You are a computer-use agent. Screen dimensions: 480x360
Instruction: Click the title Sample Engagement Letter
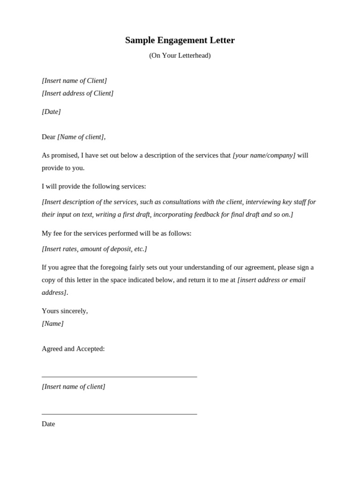click(x=180, y=40)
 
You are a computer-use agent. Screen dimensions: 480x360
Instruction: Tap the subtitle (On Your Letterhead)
click(x=180, y=55)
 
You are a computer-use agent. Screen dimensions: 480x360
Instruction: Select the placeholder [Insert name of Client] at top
click(x=74, y=81)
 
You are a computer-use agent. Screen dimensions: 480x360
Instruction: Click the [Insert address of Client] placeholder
click(x=77, y=93)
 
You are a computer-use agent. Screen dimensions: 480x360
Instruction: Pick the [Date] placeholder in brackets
click(x=51, y=112)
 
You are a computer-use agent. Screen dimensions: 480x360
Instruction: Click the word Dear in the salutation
click(x=48, y=137)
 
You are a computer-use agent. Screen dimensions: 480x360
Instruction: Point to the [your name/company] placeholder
click(x=264, y=155)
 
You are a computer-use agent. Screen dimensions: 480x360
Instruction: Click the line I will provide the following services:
click(x=94, y=186)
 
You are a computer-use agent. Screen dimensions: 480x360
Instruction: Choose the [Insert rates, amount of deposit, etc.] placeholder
click(x=94, y=249)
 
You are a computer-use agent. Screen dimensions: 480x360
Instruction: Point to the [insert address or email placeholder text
click(x=271, y=280)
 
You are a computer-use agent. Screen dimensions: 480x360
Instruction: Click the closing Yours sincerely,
click(x=65, y=311)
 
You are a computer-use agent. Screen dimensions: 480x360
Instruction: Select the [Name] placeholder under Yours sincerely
click(x=52, y=323)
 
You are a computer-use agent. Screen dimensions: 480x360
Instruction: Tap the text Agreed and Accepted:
click(x=73, y=349)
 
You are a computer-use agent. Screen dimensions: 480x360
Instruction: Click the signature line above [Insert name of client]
click(x=119, y=376)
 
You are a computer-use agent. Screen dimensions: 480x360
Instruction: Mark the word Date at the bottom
click(x=48, y=424)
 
